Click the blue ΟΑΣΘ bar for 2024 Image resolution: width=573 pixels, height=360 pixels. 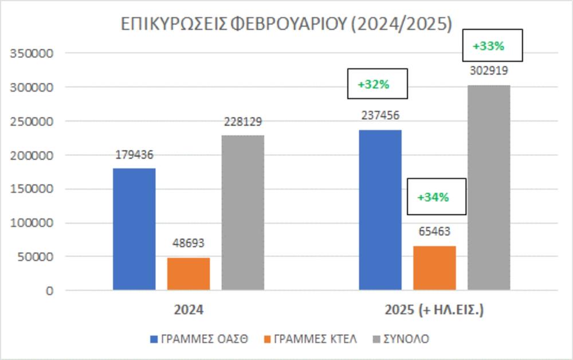click(x=134, y=229)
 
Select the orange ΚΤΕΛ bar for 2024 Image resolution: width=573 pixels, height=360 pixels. click(x=189, y=273)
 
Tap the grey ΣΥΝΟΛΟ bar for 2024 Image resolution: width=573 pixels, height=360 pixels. click(x=243, y=212)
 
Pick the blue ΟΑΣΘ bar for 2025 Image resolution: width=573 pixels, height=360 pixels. click(x=380, y=210)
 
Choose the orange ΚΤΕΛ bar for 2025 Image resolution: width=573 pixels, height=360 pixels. click(x=434, y=268)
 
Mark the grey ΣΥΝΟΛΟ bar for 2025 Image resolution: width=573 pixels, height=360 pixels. click(x=489, y=187)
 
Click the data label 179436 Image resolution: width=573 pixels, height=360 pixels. click(x=134, y=155)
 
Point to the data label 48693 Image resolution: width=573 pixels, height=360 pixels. click(x=189, y=243)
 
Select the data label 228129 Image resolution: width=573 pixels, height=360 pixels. click(x=243, y=122)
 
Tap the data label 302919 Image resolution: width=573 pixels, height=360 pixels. click(x=489, y=72)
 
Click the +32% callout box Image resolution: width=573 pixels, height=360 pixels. click(x=377, y=84)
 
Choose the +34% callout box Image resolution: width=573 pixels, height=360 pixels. click(x=436, y=197)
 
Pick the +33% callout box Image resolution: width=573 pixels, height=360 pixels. click(x=492, y=46)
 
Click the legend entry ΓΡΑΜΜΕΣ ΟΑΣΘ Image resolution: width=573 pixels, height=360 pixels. click(x=199, y=339)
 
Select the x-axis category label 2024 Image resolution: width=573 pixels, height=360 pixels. click(x=189, y=310)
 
